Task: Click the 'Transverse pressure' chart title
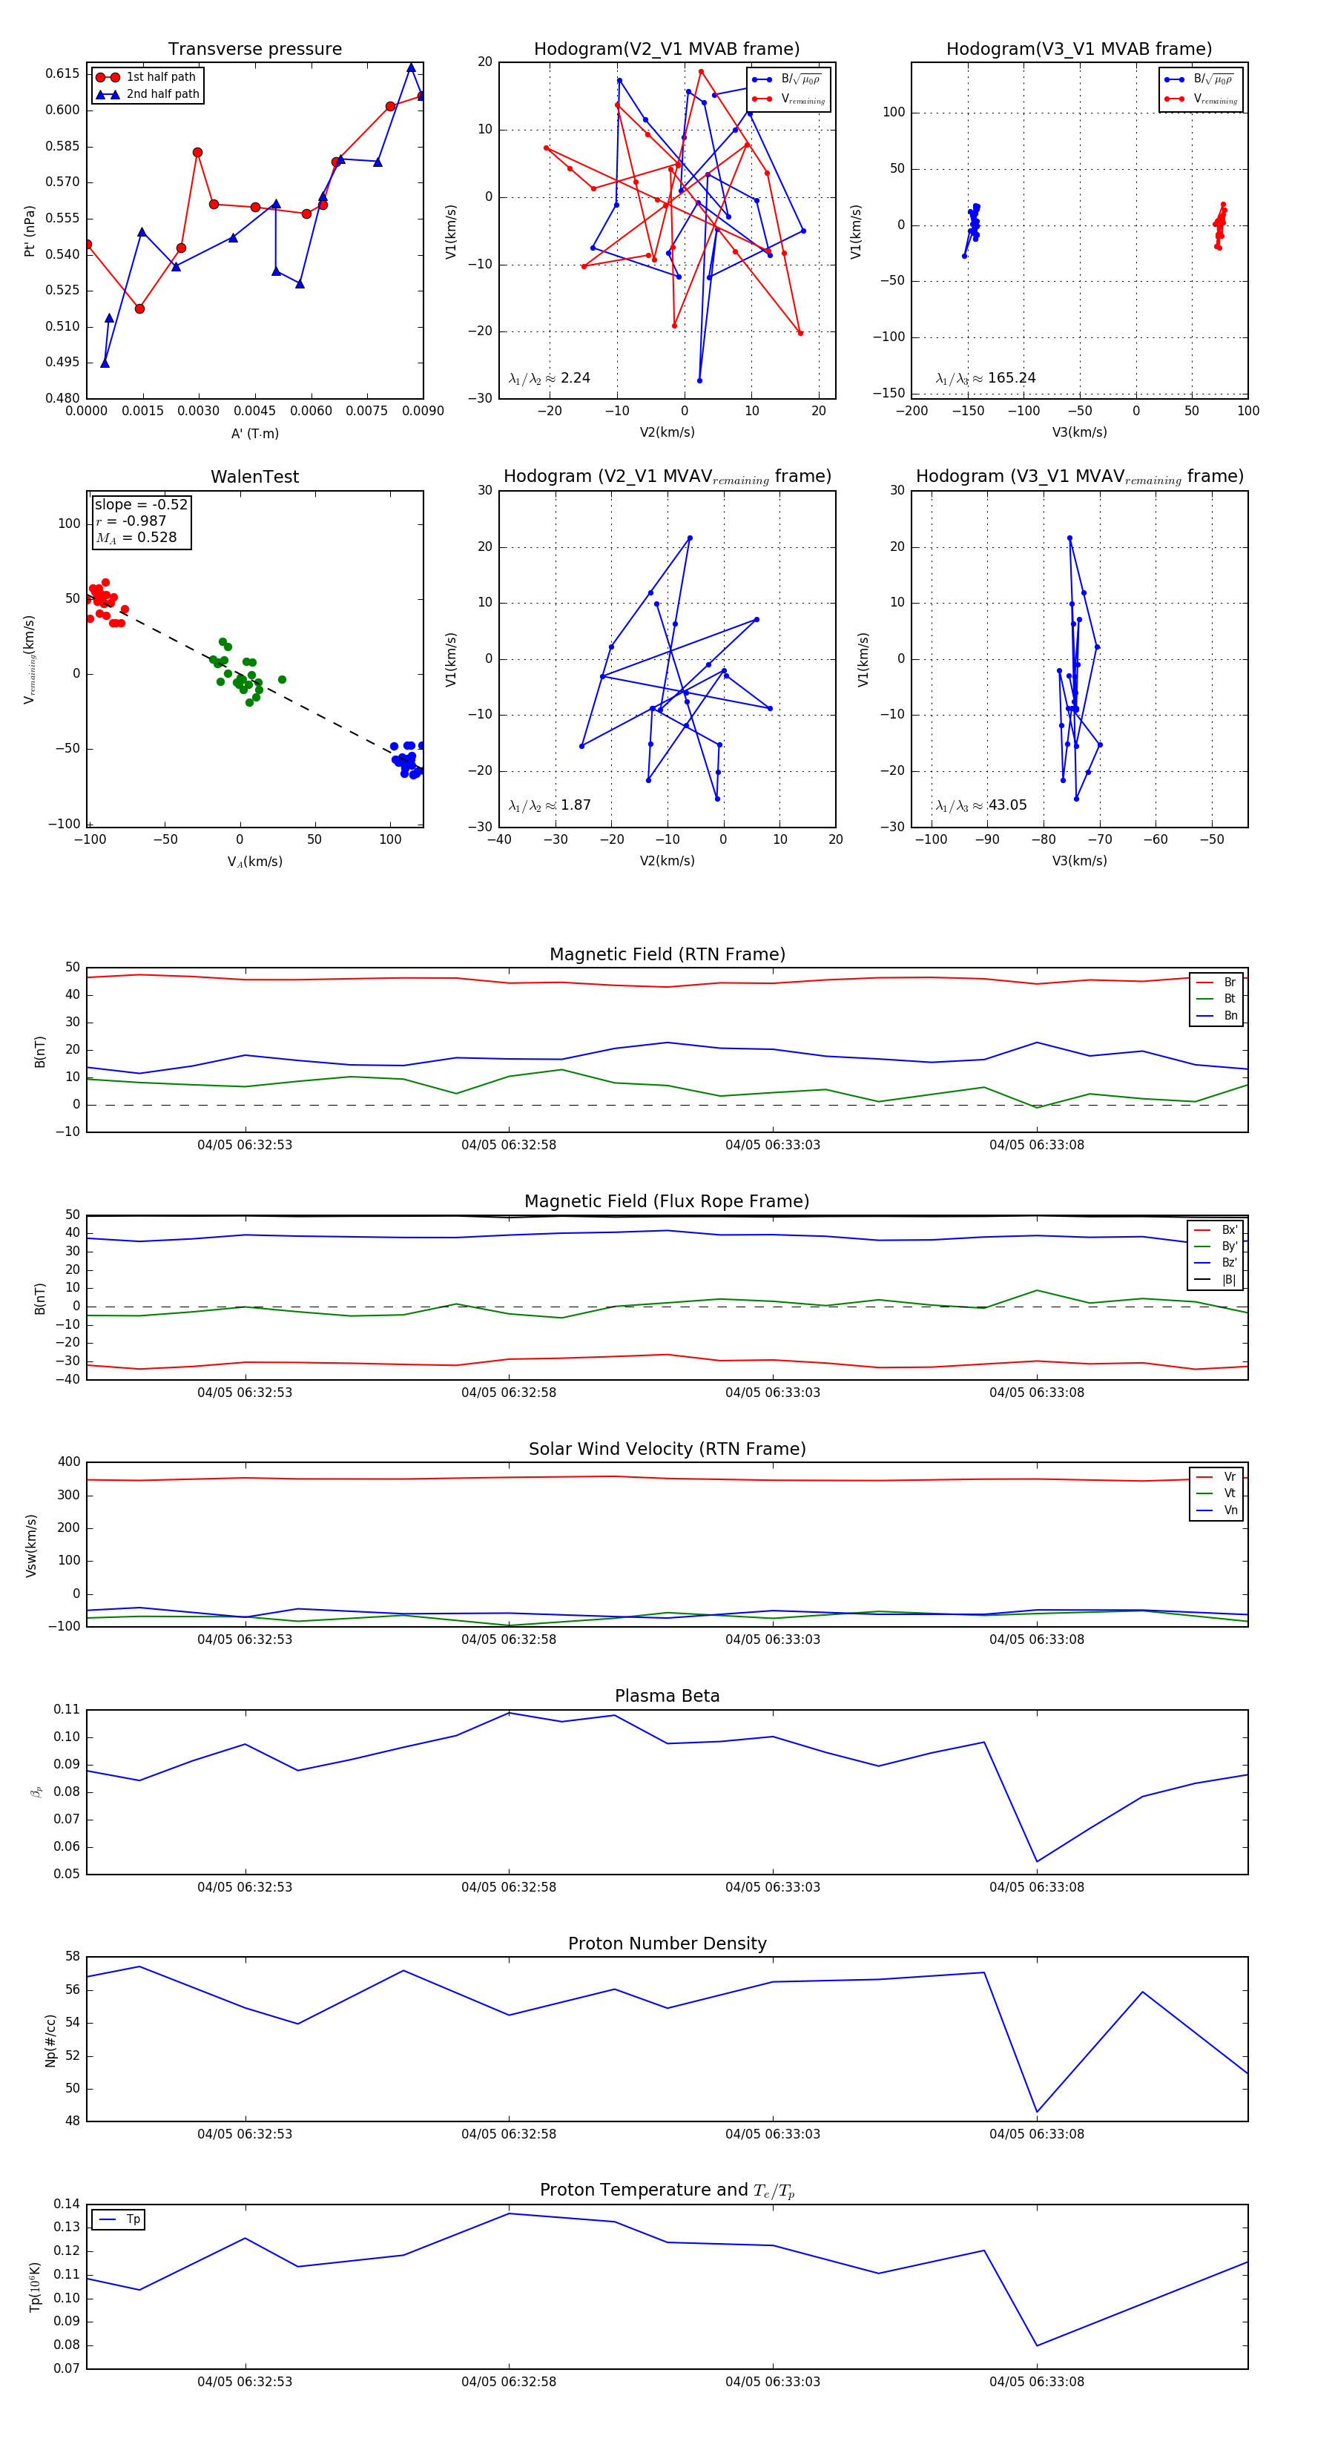point(254,50)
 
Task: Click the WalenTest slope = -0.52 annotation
point(141,504)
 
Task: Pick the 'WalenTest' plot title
point(254,477)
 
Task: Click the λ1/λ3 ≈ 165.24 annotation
point(986,378)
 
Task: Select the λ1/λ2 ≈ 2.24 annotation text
point(549,378)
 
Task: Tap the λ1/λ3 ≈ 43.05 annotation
point(981,805)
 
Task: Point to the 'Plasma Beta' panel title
point(667,1697)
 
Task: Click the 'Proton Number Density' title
point(667,1944)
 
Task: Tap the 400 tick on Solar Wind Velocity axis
point(68,1462)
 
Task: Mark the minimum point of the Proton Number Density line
point(1037,2113)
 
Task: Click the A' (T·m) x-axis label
point(254,433)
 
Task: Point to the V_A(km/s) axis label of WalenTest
point(254,862)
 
